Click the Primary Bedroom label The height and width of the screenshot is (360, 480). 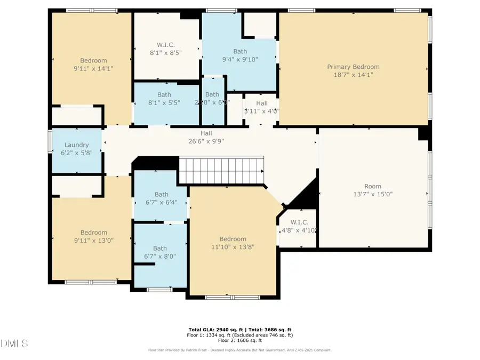(x=353, y=67)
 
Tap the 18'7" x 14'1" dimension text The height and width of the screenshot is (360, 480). (x=353, y=75)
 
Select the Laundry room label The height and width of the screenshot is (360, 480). (x=76, y=145)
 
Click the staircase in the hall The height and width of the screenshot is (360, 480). (x=221, y=170)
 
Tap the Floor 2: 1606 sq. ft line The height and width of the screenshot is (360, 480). (x=239, y=340)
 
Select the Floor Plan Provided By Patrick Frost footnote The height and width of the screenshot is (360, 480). (x=239, y=350)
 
